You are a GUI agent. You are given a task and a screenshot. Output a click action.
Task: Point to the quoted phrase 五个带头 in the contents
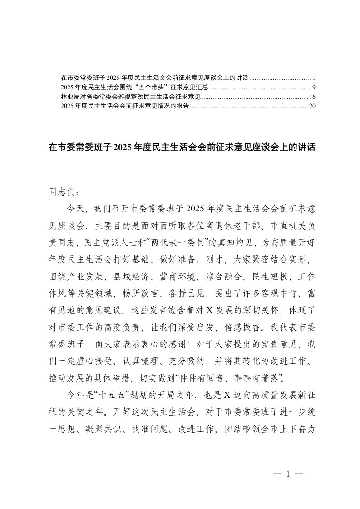139,87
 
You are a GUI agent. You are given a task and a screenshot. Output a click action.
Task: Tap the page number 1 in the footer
287,475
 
